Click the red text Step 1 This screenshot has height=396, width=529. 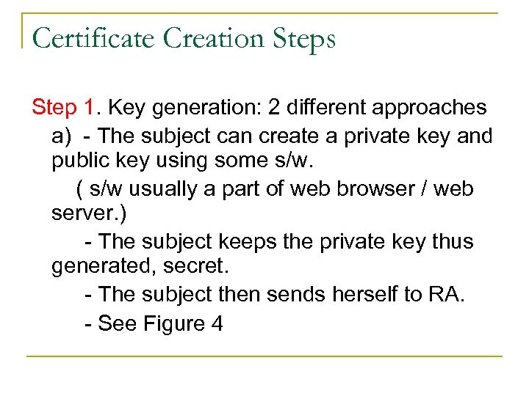64,108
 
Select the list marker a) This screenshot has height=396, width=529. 62,136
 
